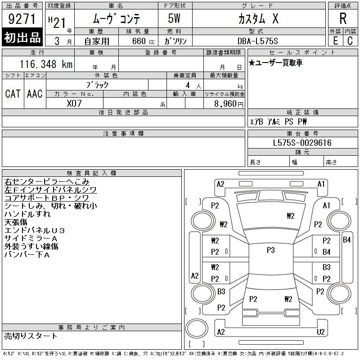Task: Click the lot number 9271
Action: click(22, 19)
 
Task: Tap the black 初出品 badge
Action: click(22, 37)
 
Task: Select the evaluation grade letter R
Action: click(343, 18)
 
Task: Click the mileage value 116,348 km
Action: click(46, 64)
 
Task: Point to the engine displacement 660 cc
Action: click(143, 41)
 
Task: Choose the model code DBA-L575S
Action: click(257, 41)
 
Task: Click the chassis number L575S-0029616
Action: click(302, 143)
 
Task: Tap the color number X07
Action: click(74, 103)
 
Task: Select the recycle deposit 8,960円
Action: click(229, 104)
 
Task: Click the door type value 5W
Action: click(174, 18)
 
